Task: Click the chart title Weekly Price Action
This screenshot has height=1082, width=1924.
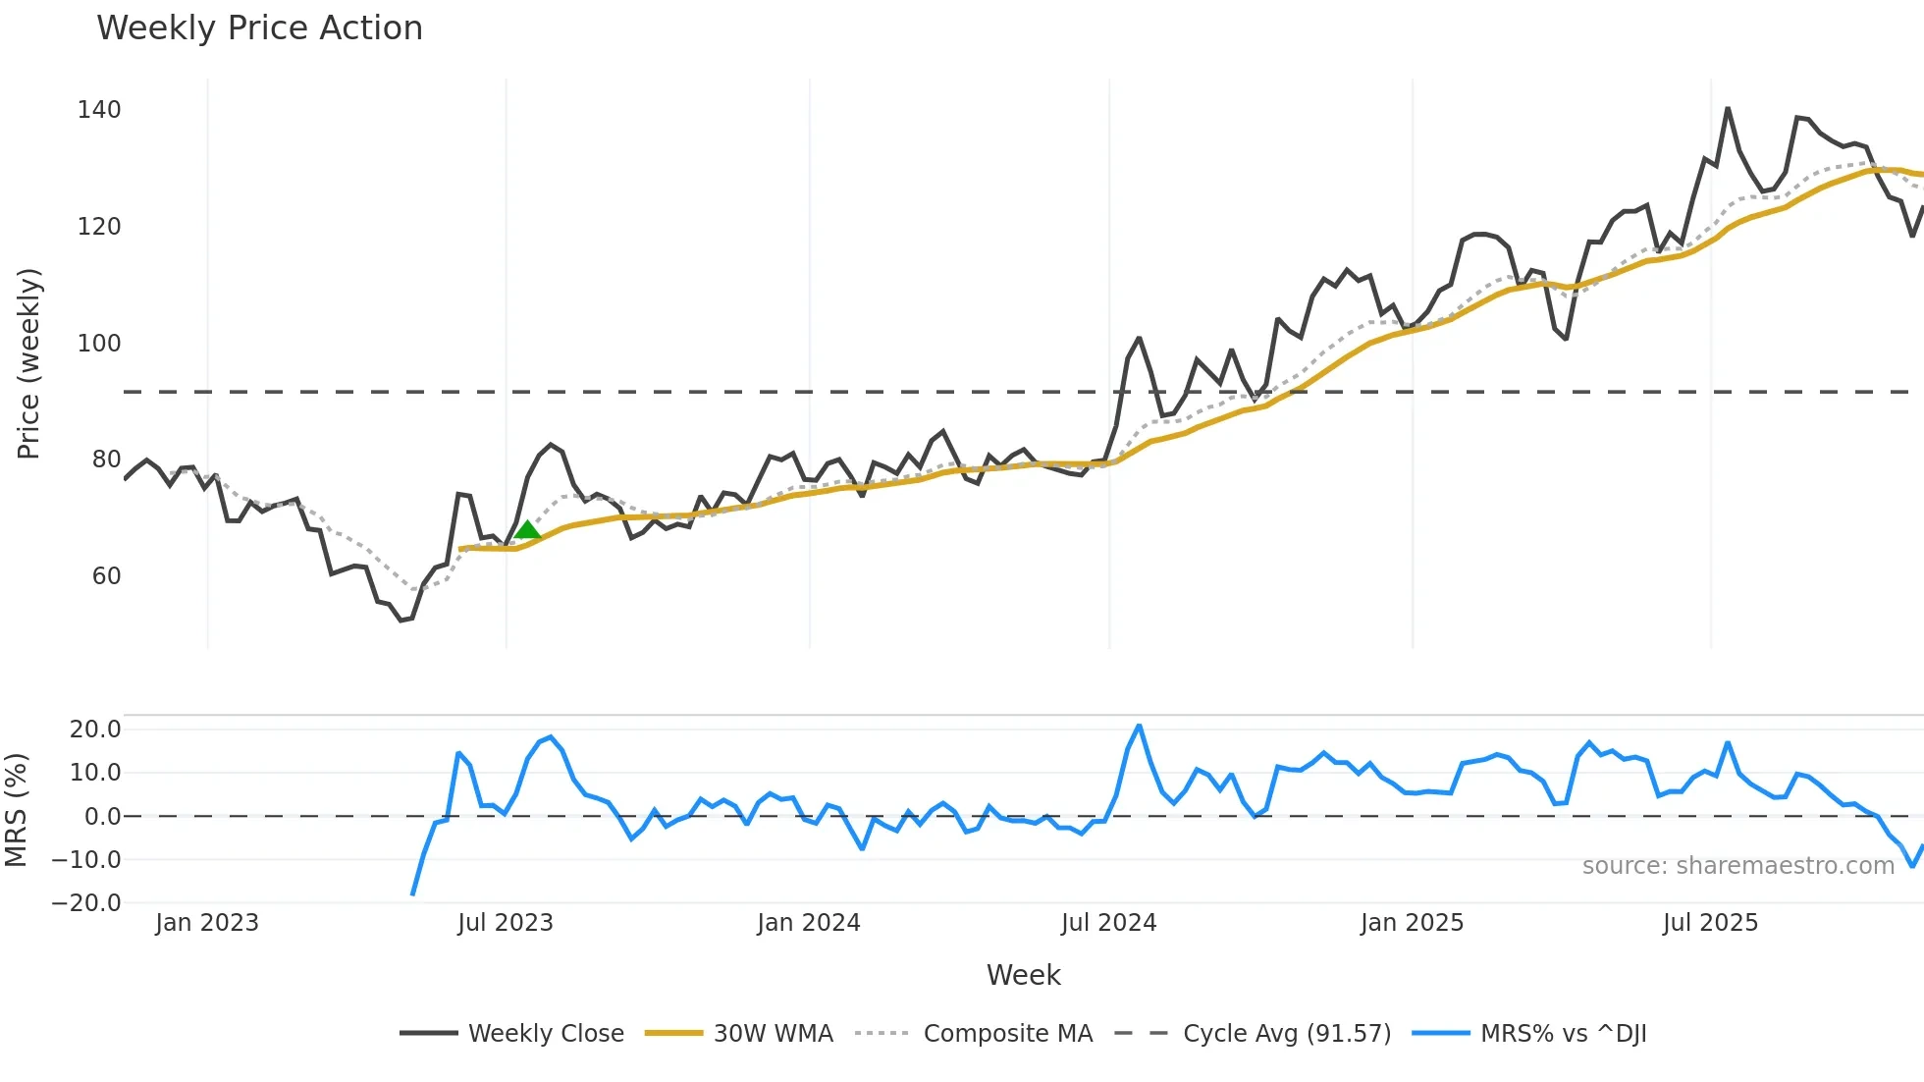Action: [x=259, y=28]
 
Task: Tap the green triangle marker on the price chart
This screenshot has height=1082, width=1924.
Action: [x=527, y=530]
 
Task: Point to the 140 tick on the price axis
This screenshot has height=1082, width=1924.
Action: [x=99, y=110]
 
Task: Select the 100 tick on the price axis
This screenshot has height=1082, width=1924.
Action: [x=99, y=344]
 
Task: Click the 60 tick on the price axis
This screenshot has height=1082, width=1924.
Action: [x=106, y=576]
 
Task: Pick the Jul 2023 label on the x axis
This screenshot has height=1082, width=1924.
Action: [x=506, y=923]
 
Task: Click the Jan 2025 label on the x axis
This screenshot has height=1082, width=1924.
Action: [x=1412, y=923]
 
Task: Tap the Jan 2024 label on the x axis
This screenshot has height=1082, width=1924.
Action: [x=809, y=923]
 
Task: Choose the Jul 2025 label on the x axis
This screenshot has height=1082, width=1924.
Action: [x=1710, y=923]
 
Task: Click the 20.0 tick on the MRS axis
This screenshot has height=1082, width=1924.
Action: [x=95, y=730]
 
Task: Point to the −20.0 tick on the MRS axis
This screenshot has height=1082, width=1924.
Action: [x=86, y=903]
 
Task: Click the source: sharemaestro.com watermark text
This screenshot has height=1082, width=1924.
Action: [x=1737, y=866]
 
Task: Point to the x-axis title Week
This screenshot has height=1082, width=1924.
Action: [x=1023, y=975]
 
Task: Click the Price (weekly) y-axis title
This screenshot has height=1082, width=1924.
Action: [x=28, y=363]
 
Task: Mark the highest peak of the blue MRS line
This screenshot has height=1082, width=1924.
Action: [x=1139, y=727]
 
